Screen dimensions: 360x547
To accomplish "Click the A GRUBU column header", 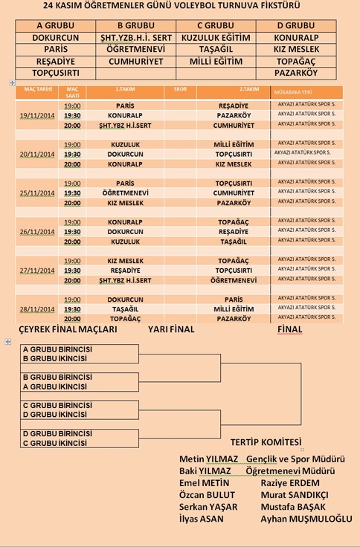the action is (56, 25).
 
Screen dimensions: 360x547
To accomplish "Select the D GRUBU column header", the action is (295, 25).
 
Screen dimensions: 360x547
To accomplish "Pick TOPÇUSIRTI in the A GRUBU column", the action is (56, 73).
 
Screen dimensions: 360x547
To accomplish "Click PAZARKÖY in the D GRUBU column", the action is (295, 73).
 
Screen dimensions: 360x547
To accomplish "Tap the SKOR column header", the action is (181, 90).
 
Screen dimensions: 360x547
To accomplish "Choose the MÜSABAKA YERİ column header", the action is (294, 91).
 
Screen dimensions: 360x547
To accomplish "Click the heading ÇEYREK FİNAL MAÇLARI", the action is (68, 329).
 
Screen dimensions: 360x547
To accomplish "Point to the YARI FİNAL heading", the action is (171, 329).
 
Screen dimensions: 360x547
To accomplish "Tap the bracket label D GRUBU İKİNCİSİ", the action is (55, 415).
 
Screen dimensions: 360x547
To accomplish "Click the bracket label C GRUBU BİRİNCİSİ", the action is (57, 405).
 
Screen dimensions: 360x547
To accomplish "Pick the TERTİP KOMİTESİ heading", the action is (266, 441).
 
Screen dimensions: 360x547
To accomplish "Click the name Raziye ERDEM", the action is (290, 483).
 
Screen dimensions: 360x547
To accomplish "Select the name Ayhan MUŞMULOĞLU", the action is (306, 519).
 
